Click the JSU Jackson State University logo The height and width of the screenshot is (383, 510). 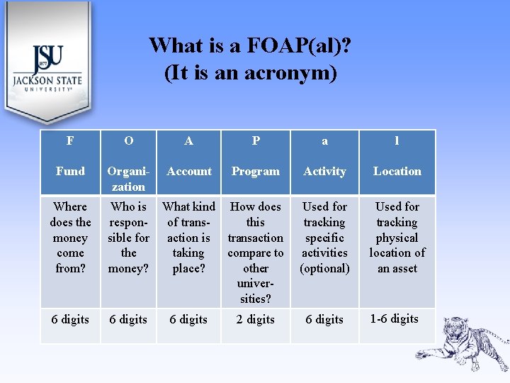click(47, 68)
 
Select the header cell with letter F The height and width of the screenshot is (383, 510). click(70, 141)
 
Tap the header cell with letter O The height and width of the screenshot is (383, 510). click(128, 141)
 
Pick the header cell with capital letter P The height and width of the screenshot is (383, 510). click(256, 141)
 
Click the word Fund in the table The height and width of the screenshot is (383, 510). click(70, 172)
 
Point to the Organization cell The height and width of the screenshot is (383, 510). click(128, 179)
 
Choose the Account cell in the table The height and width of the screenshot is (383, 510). click(189, 172)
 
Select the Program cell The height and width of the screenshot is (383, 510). click(256, 172)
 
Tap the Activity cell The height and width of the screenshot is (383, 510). click(324, 172)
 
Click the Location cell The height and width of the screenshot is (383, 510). click(397, 172)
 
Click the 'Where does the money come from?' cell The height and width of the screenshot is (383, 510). click(70, 238)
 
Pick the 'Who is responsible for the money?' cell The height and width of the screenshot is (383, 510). click(128, 238)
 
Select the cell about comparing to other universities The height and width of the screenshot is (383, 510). click(256, 252)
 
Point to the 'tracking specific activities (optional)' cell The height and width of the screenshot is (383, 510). click(324, 238)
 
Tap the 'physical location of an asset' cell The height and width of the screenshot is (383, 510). click(397, 238)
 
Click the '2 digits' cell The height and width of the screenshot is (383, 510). click(256, 320)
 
